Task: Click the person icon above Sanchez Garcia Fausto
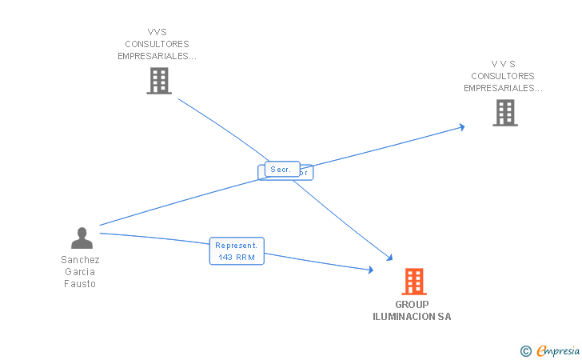click(x=82, y=238)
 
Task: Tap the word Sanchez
click(x=80, y=260)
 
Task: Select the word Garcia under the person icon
click(x=80, y=272)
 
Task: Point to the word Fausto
click(x=80, y=284)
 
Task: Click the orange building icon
click(x=413, y=282)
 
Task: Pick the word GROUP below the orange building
click(x=412, y=305)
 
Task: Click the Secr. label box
click(x=281, y=170)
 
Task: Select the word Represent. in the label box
click(x=237, y=246)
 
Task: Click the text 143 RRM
click(x=237, y=257)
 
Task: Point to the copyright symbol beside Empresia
click(x=526, y=350)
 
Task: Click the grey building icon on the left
click(x=159, y=81)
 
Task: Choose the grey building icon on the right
click(x=504, y=113)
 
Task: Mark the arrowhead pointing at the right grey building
click(x=461, y=126)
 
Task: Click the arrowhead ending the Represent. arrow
click(x=370, y=270)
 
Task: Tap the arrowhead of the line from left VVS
click(x=389, y=258)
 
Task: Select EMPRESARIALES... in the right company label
click(x=503, y=88)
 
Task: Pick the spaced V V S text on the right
click(x=504, y=64)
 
